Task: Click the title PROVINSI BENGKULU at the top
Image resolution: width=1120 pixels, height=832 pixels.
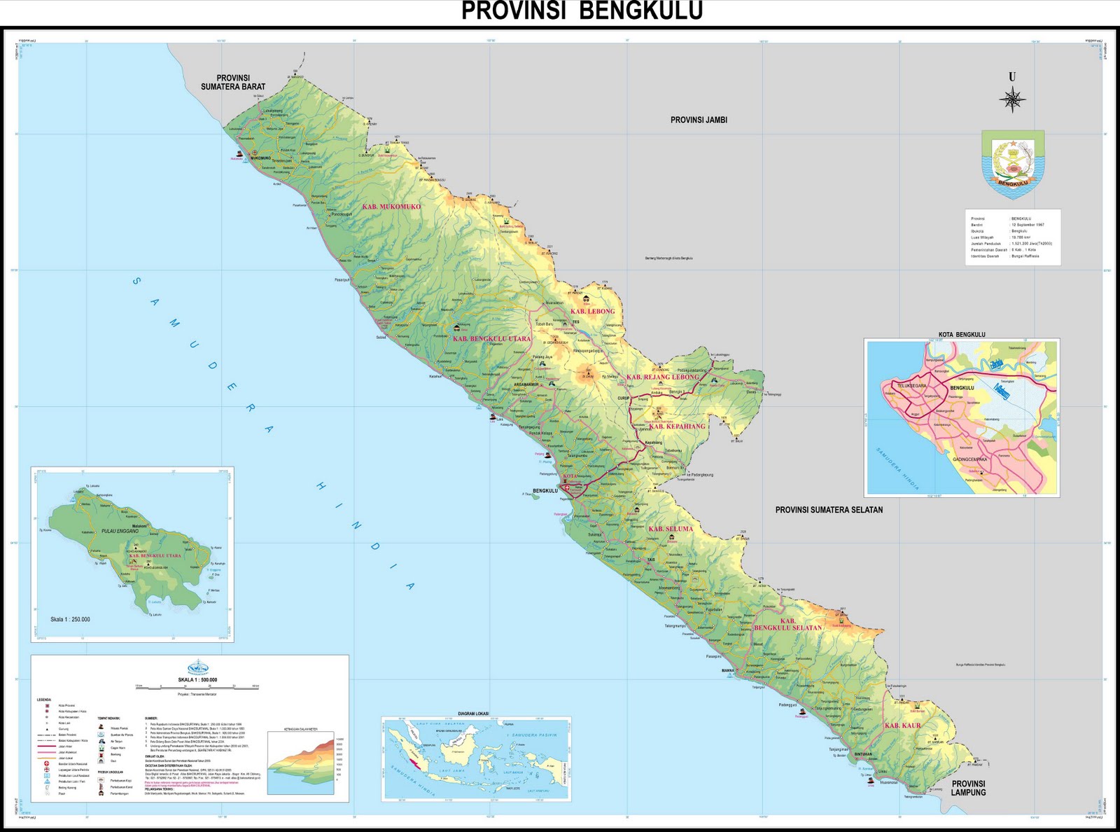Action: pos(582,12)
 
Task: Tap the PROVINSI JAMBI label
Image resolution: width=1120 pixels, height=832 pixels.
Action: pos(699,120)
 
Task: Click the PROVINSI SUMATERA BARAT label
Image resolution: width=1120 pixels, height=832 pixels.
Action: pos(233,83)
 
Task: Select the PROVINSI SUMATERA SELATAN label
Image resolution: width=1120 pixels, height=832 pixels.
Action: pos(829,510)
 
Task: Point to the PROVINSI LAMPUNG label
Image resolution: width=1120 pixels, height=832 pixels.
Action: pos(968,788)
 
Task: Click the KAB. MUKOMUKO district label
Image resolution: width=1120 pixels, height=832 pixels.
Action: pos(391,207)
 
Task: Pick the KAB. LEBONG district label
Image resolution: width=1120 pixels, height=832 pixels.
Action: pos(592,311)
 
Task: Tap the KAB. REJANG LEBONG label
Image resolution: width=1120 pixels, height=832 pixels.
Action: pos(662,377)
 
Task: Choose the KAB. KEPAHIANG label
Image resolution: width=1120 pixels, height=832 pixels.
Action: pos(677,426)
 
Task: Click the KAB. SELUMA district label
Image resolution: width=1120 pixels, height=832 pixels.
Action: pos(671,529)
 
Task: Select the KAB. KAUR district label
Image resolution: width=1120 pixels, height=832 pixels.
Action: pos(902,726)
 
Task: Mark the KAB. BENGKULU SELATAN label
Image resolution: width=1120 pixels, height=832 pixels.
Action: pos(788,625)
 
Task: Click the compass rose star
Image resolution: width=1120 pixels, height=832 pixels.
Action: pos(1012,99)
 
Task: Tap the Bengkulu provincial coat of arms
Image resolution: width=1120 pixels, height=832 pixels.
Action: pos(1013,164)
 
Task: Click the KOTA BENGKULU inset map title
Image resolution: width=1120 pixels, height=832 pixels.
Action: pos(962,335)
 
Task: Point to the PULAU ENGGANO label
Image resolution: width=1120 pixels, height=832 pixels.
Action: pos(120,532)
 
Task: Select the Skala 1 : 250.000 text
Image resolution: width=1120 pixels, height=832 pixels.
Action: pos(70,619)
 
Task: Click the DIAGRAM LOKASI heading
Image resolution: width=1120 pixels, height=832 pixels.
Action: pos(473,714)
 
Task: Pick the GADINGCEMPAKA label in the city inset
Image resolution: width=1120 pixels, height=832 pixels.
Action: pos(969,459)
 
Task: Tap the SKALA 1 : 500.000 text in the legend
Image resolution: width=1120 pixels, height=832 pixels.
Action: pos(197,680)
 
